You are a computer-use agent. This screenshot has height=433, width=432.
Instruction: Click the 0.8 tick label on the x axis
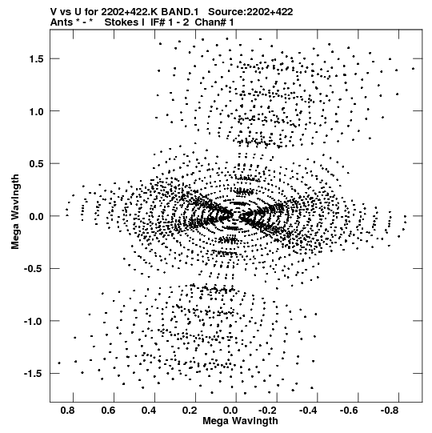point(68,411)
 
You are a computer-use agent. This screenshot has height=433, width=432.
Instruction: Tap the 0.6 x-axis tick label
point(109,411)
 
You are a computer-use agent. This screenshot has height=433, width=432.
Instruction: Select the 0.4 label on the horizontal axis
point(150,411)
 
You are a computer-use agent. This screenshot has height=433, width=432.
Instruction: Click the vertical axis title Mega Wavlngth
point(15,212)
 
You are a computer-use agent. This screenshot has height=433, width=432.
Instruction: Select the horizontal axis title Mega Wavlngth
point(241,422)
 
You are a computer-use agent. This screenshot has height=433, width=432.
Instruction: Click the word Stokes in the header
point(125,22)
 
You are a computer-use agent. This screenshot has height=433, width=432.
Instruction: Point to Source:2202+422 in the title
point(250,12)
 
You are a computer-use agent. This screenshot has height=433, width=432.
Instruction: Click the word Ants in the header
point(62,22)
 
